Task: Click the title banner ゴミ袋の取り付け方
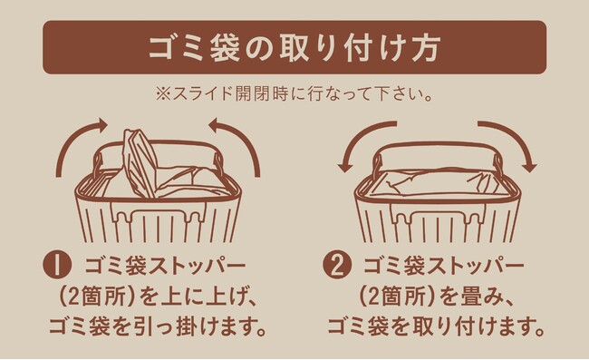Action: click(294, 47)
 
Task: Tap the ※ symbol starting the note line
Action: click(163, 94)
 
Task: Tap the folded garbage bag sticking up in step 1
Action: click(140, 163)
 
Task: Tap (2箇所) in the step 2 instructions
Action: click(398, 297)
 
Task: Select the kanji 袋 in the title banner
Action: click(225, 48)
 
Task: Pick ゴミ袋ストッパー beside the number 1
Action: click(165, 266)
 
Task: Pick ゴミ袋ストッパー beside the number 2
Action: click(444, 266)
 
